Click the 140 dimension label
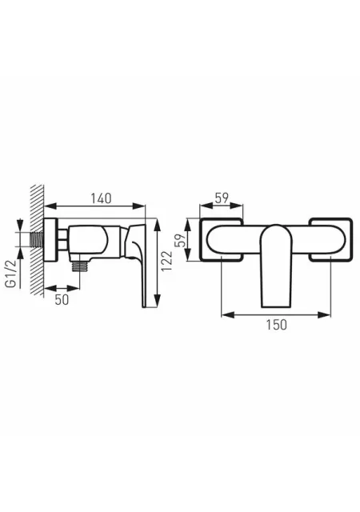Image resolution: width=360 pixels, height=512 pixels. [101, 198]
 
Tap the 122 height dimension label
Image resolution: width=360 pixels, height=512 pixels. [166, 261]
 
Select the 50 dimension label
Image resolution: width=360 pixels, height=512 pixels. [62, 299]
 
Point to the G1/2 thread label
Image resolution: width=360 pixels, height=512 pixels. [11, 274]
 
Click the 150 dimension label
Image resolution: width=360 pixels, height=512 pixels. [276, 325]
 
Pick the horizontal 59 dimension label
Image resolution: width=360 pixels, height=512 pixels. [222, 198]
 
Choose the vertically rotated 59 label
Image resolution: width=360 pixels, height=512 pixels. [180, 240]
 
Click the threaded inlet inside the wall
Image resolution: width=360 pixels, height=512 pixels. [37, 239]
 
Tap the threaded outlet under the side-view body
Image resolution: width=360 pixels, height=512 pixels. [80, 266]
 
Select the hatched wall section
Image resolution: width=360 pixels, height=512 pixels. [37, 240]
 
